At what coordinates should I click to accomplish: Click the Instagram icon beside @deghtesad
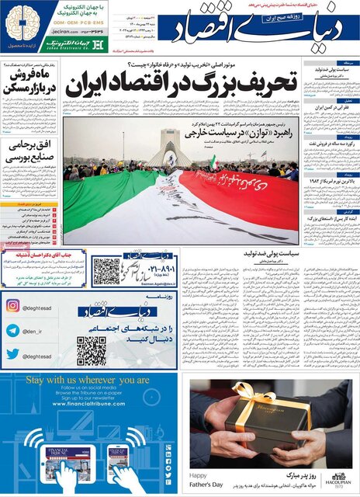click(x=12, y=305)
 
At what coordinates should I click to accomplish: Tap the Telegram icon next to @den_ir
click(x=12, y=330)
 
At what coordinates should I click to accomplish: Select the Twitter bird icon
click(x=12, y=355)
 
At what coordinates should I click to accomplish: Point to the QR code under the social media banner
click(x=91, y=351)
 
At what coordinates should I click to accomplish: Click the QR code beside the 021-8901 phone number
click(x=106, y=271)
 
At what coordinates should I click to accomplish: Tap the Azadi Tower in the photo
click(x=169, y=147)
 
